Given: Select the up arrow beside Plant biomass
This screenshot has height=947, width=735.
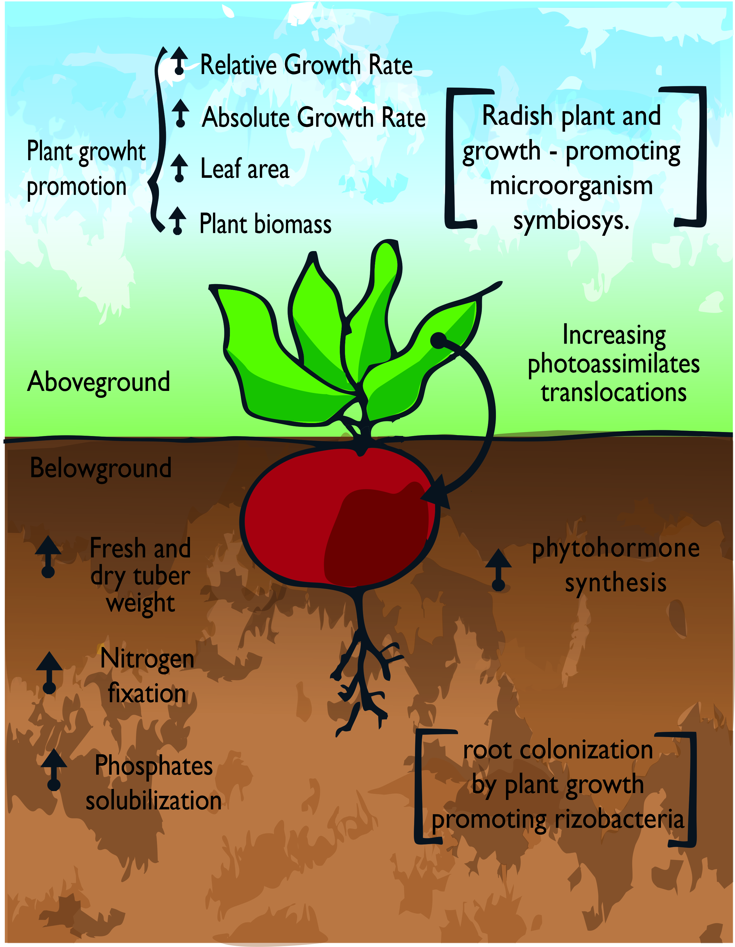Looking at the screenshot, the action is (177, 221).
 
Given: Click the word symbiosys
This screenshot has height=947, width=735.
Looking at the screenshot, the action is (571, 221).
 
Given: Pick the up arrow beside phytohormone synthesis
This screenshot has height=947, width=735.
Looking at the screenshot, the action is (499, 570).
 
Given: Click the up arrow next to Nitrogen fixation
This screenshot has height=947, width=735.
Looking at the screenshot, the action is (49, 672).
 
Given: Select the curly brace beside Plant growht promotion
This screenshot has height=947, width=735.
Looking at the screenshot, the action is (157, 139).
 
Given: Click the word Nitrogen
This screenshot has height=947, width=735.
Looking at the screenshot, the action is (147, 659).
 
